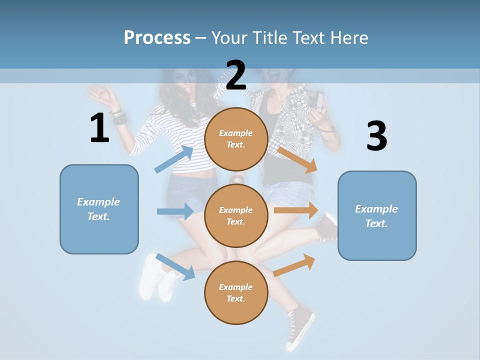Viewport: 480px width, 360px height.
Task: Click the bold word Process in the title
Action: (157, 38)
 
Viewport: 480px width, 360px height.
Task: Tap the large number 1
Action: (99, 128)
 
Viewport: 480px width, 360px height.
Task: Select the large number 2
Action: (236, 75)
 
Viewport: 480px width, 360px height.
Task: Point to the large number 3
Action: (376, 136)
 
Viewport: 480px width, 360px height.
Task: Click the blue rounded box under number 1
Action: (99, 209)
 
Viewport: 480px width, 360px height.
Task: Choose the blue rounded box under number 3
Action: (377, 216)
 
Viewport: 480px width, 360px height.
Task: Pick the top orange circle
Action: (236, 139)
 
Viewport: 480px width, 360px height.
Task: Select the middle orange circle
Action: (236, 216)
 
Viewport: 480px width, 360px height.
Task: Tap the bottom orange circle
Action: (236, 292)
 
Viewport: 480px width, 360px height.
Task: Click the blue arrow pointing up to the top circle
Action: (174, 159)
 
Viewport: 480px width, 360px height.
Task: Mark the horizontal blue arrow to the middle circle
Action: (175, 211)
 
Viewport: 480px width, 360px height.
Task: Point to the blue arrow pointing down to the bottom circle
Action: (175, 266)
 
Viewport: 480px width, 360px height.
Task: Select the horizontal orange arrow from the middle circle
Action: (296, 210)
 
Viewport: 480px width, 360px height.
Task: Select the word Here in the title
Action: (349, 38)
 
